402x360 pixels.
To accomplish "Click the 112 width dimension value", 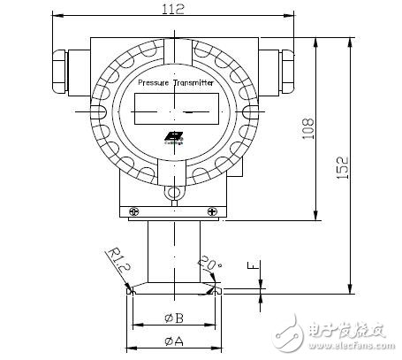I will point(174,10).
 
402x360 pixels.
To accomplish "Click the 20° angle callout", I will point(207,263).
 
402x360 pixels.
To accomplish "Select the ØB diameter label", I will point(174,318).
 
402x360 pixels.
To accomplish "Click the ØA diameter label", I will point(174,340).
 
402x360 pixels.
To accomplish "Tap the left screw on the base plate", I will point(133,211).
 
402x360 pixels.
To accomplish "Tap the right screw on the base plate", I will point(212,211).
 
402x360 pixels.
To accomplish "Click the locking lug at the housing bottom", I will point(174,193).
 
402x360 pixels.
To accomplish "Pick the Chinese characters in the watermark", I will point(345,332).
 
